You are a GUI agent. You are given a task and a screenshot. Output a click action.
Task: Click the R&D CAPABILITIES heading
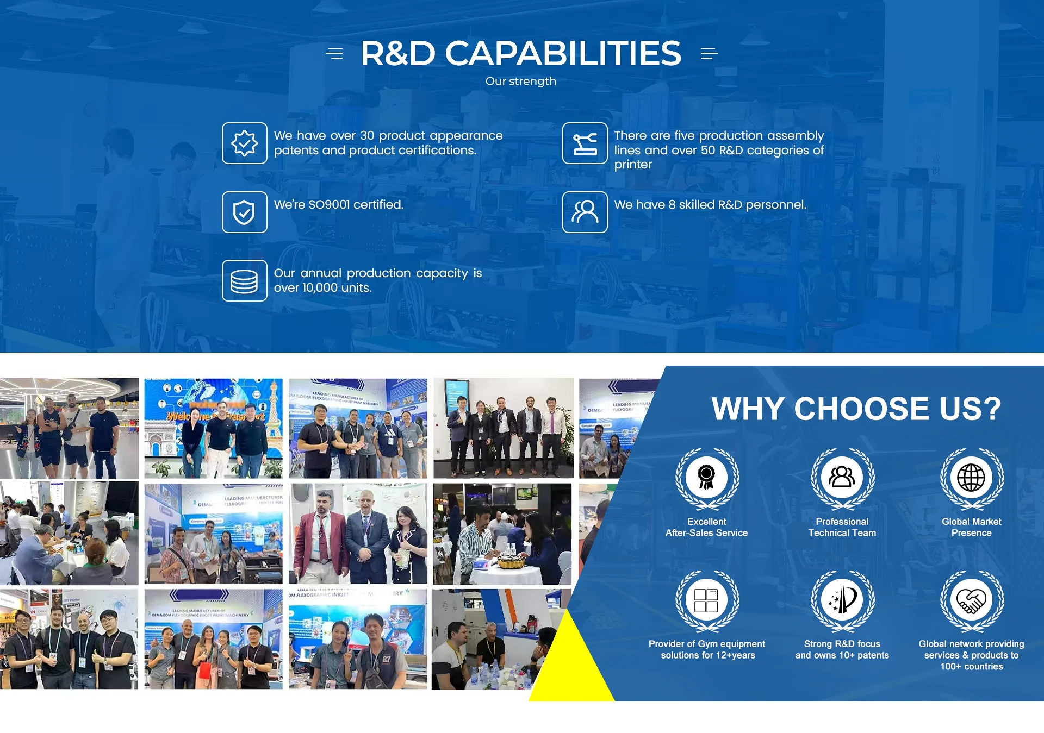[x=520, y=53]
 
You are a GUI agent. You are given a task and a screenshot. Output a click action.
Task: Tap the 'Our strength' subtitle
[x=520, y=82]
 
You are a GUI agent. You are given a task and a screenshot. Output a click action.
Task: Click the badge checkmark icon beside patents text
[x=244, y=143]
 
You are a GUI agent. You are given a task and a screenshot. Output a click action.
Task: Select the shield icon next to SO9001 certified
[x=244, y=212]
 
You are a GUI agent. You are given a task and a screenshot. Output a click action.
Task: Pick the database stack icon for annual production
[x=244, y=281]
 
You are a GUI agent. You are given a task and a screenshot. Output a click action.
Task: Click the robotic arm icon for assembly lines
[x=585, y=143]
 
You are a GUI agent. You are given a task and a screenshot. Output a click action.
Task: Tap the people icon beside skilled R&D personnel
[x=585, y=212]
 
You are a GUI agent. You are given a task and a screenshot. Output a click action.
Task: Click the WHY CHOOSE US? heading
[x=856, y=409]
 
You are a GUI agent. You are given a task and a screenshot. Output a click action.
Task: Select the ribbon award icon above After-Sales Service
[x=706, y=478]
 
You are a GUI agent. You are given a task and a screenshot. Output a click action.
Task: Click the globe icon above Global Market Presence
[x=971, y=478]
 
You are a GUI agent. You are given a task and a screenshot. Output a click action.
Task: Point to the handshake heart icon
[x=971, y=600]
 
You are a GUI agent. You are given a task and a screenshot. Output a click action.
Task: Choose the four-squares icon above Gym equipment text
[x=706, y=600]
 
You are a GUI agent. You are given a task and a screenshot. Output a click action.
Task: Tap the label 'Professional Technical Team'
[x=842, y=527]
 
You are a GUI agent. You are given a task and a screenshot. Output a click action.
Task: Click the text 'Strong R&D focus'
[x=842, y=644]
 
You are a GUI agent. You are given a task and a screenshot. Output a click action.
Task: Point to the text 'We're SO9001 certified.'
[x=339, y=205]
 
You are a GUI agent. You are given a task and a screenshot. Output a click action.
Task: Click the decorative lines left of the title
[x=334, y=53]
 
